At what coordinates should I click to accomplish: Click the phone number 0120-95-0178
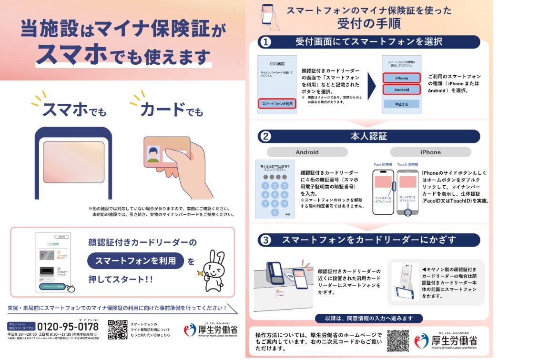click(68, 327)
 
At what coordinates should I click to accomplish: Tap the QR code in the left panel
click(117, 329)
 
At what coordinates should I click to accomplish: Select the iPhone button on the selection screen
click(401, 78)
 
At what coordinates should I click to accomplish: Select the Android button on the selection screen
click(401, 90)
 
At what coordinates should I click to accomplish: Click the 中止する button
click(401, 104)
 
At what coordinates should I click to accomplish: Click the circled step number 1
click(265, 42)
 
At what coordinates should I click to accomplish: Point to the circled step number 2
click(265, 137)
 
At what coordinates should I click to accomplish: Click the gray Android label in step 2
click(307, 152)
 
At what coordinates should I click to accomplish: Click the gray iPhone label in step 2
click(430, 152)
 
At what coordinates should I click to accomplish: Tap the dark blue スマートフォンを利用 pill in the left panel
click(135, 261)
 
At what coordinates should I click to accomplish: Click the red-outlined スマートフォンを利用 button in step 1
click(277, 103)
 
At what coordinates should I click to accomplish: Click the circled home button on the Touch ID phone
click(407, 212)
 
